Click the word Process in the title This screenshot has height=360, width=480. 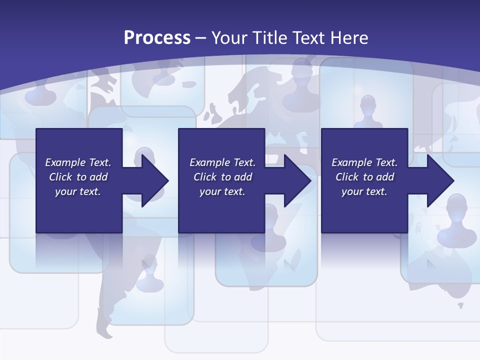[x=157, y=38]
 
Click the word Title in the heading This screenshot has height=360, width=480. [x=268, y=38]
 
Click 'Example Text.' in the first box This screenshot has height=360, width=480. [x=78, y=162]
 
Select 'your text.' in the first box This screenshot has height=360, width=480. [x=78, y=191]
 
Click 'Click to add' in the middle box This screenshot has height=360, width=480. [x=222, y=177]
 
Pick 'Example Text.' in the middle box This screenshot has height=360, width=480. [x=222, y=162]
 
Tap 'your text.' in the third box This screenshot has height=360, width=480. [x=364, y=191]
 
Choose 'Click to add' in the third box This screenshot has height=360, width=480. [x=364, y=177]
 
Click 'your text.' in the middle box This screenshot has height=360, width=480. [x=222, y=191]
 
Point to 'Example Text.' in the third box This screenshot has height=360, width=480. [x=364, y=162]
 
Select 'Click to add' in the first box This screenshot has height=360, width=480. [x=78, y=177]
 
